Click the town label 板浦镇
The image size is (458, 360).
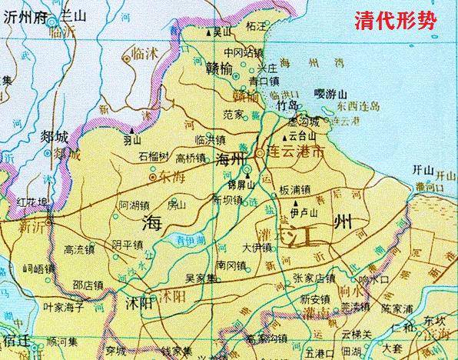coord(295,189)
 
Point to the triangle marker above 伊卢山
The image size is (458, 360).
coord(297,203)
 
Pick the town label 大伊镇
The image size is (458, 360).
coord(257,248)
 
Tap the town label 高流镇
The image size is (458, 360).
coord(79,248)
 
